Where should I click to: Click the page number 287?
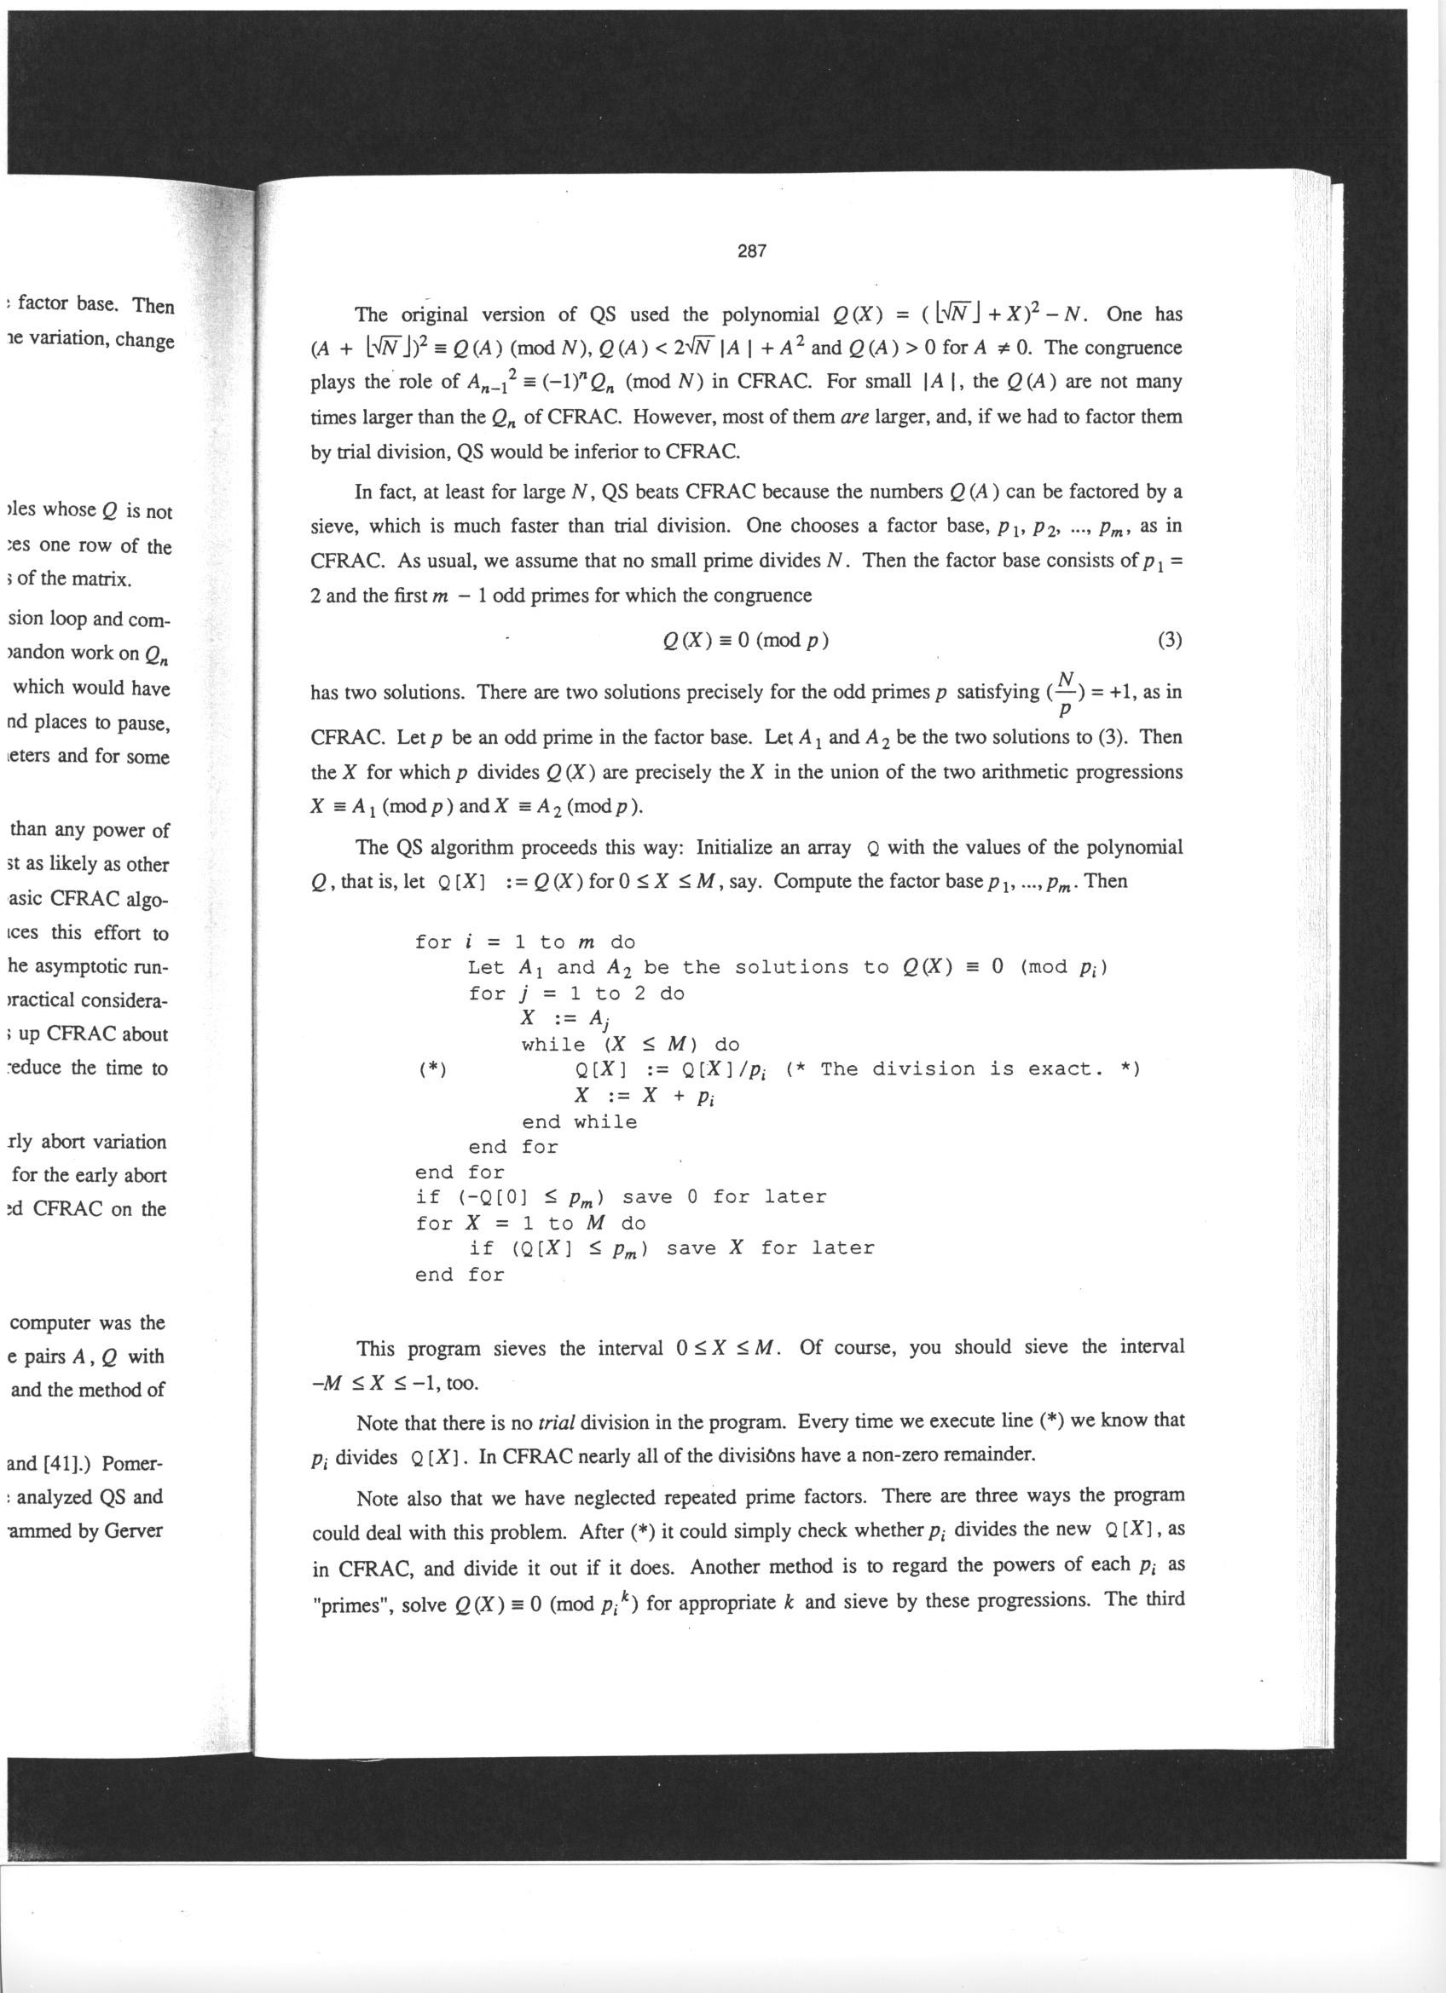pos(752,251)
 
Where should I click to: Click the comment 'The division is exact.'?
pos(962,1069)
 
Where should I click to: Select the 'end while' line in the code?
pos(579,1121)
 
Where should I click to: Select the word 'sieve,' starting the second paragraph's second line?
pos(336,527)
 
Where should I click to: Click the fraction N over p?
pos(1067,693)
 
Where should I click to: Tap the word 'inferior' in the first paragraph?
pos(606,452)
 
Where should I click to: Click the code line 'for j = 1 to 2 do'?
pos(576,994)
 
